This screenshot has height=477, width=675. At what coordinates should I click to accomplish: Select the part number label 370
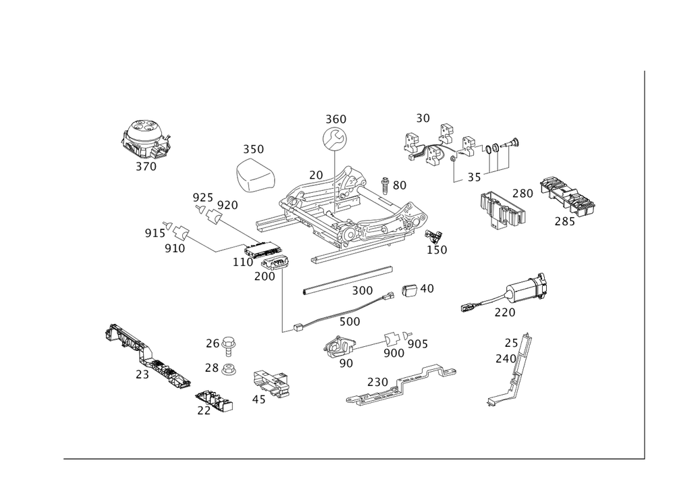pos(146,167)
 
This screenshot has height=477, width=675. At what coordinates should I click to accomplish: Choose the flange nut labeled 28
pos(228,369)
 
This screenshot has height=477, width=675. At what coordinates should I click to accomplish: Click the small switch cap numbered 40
pos(410,289)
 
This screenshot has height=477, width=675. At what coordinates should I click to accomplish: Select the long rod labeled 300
pos(348,281)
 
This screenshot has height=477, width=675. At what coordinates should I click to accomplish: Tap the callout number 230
pos(378,382)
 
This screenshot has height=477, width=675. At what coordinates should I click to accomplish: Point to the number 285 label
pos(565,221)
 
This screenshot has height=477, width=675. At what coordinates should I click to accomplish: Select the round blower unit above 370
pos(146,140)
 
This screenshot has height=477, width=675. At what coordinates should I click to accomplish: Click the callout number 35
pos(474,177)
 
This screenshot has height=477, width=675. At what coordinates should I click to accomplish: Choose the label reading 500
pos(350,322)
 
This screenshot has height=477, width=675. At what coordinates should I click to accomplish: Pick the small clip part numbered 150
pos(434,237)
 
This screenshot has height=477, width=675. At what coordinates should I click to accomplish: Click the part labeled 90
pos(340,346)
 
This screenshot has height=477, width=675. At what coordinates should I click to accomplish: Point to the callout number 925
pos(202,198)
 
